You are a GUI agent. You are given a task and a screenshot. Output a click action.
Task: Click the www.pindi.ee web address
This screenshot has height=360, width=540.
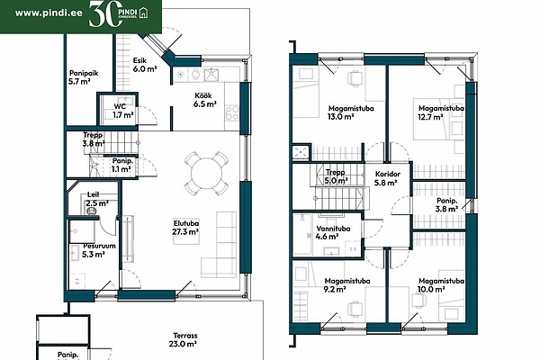tap(49, 13)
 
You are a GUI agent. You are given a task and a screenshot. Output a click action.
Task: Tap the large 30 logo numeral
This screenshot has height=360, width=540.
tap(105, 14)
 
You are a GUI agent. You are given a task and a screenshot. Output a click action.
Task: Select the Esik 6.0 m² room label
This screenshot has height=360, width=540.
tap(145, 65)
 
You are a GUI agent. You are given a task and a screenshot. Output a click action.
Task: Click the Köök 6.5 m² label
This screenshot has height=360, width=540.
tap(204, 100)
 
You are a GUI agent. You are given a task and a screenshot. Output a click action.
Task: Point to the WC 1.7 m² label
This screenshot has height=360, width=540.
tap(123, 111)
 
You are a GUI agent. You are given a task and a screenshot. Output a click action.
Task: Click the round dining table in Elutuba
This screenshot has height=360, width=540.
tap(206, 174)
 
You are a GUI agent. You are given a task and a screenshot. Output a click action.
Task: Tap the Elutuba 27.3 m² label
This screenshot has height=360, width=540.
tap(185, 228)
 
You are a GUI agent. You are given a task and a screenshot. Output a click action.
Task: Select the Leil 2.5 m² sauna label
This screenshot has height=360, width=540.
tap(97, 199)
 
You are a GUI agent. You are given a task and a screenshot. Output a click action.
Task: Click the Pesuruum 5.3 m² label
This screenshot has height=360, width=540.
tap(98, 250)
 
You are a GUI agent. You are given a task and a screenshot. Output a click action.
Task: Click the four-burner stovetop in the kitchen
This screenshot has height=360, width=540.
tap(232, 113)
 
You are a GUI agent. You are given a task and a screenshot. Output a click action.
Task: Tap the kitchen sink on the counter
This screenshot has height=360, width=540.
tap(211, 75)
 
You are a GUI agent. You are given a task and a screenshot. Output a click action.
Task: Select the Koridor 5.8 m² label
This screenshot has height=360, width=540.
tap(386, 178)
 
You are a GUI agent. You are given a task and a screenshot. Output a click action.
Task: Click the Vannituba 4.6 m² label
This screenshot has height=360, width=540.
tap(333, 232)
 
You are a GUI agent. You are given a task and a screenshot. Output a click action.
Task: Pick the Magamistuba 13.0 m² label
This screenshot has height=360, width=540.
tap(351, 112)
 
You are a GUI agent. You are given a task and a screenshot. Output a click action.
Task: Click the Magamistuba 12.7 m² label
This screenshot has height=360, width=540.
tap(441, 112)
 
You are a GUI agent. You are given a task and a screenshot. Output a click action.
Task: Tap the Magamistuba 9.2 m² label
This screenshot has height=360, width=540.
tap(347, 285)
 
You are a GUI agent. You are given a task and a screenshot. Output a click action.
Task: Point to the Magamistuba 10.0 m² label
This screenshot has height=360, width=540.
tap(441, 285)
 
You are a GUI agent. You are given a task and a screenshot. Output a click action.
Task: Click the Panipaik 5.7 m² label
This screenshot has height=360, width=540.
tap(84, 77)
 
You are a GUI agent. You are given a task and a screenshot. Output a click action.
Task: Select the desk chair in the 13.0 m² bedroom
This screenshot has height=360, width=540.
tap(355, 78)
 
